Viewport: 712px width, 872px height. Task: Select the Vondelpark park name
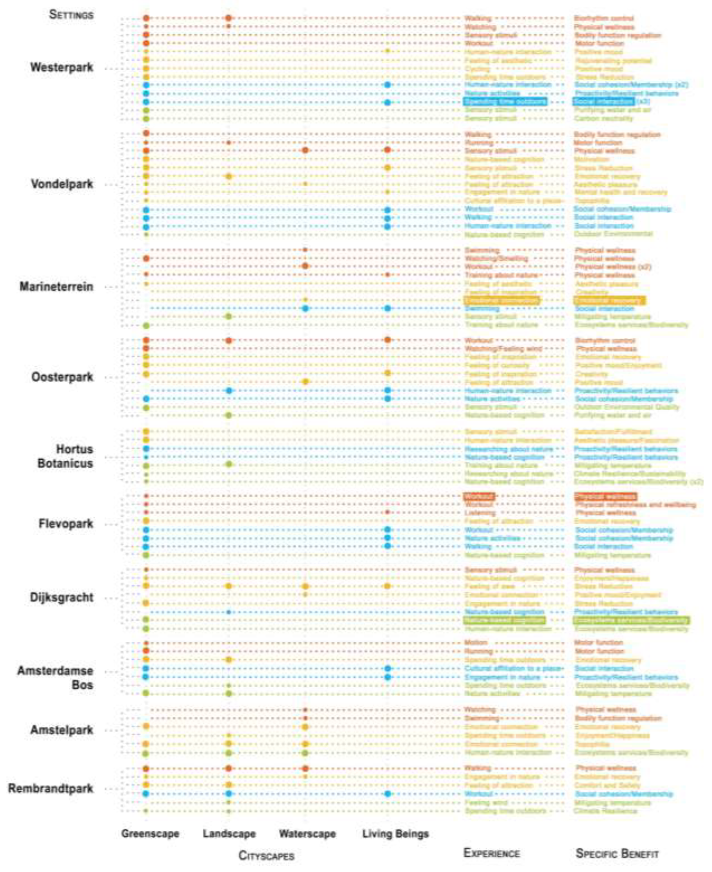[62, 184]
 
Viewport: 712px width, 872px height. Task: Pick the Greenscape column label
[150, 833]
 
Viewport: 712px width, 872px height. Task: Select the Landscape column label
[229, 833]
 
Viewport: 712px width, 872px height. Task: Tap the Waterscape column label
[307, 833]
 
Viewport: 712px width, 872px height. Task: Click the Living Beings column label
[395, 833]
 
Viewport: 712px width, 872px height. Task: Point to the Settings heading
[71, 15]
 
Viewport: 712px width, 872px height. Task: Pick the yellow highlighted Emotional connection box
[502, 300]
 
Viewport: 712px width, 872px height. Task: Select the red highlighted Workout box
[479, 496]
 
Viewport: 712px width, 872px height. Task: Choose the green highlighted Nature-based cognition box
[504, 620]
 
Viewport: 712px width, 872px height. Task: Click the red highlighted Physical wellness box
[605, 496]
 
